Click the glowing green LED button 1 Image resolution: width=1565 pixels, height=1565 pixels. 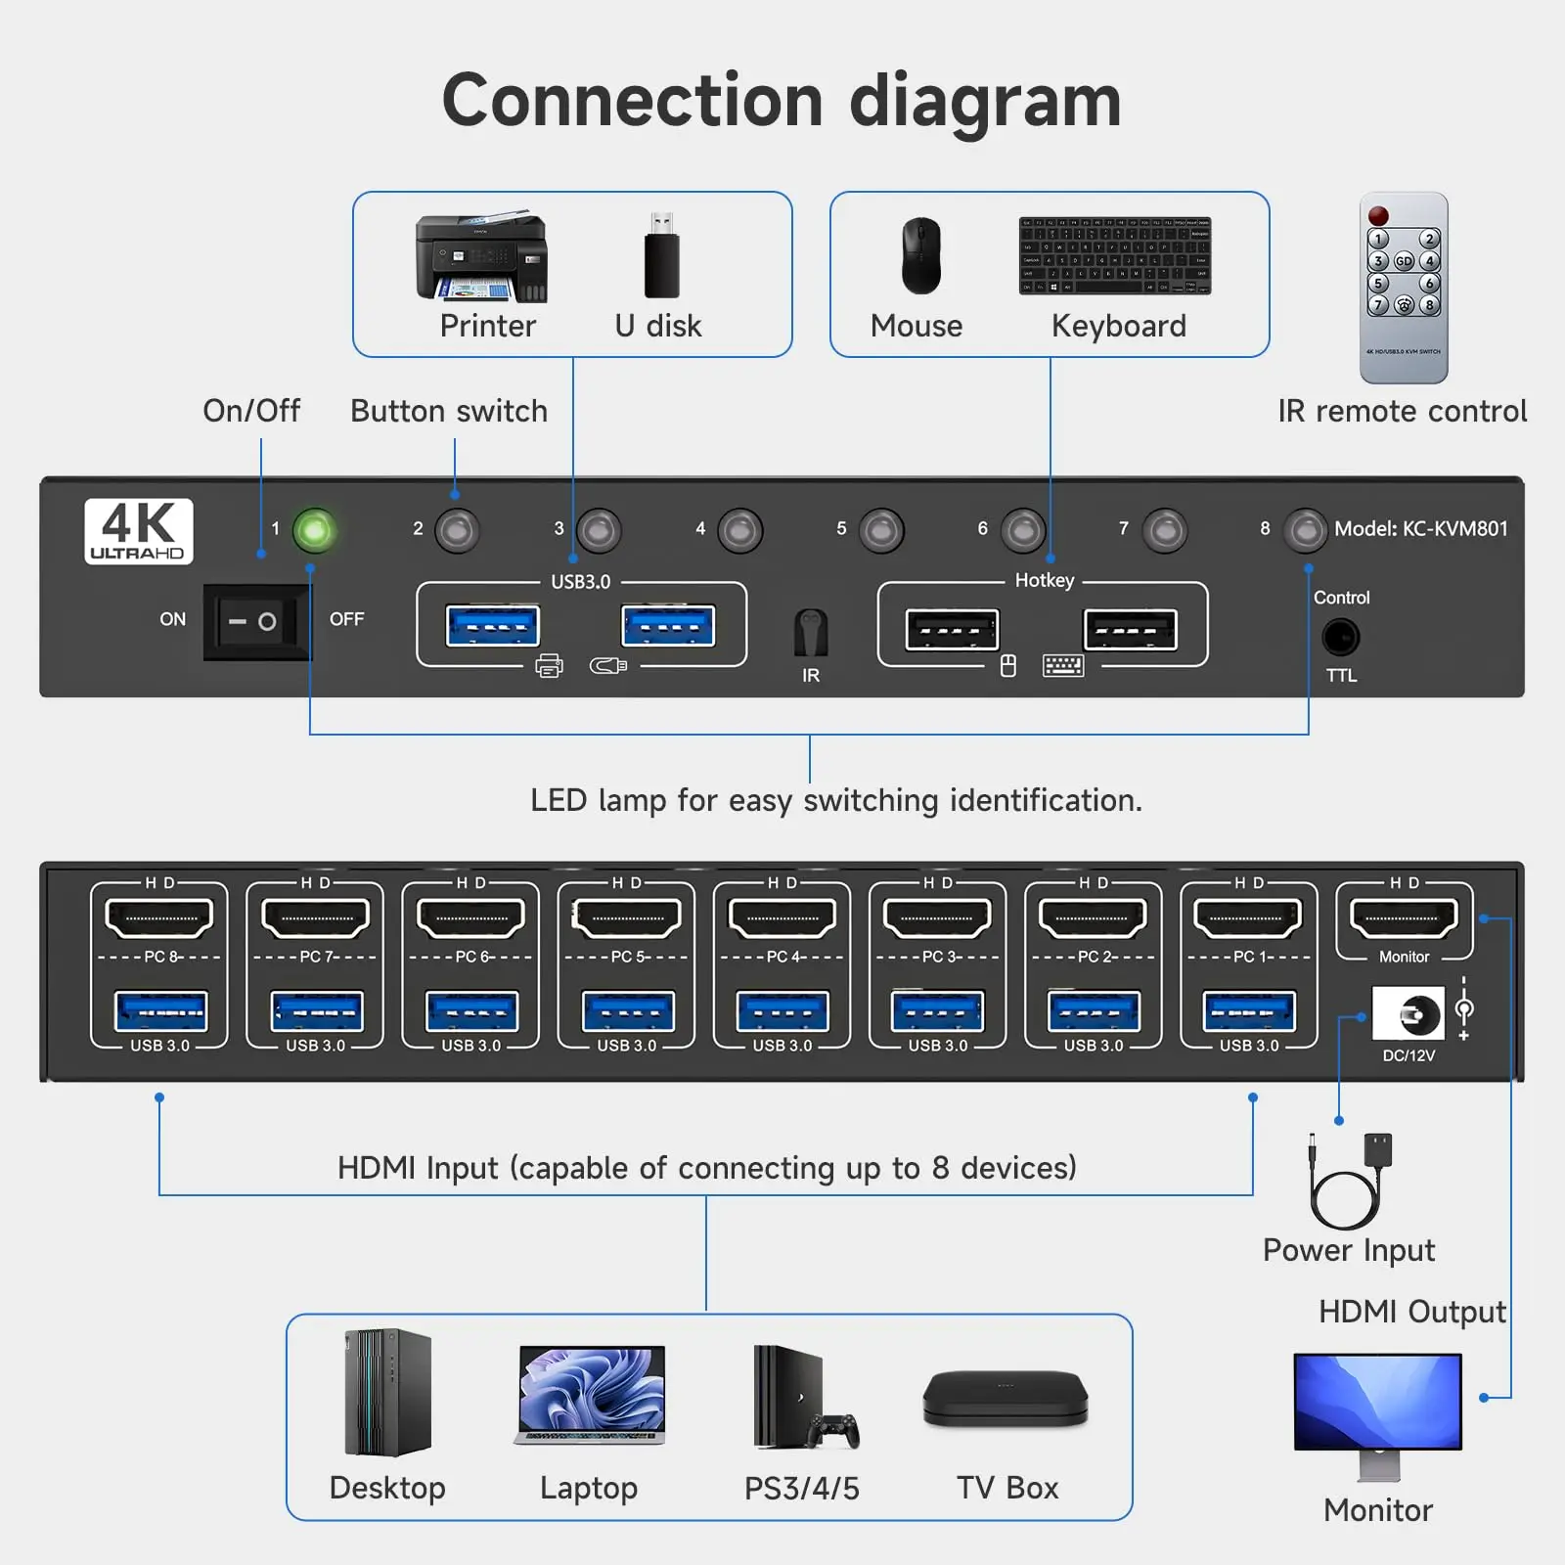(314, 530)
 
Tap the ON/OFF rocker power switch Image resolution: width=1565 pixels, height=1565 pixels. (255, 621)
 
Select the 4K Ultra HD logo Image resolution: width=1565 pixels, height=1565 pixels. (139, 531)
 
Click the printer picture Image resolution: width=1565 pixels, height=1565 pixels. (482, 257)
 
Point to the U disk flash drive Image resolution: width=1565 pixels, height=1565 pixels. (662, 256)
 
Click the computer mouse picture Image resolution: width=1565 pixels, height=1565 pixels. (920, 256)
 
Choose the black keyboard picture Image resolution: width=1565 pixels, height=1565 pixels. (1114, 255)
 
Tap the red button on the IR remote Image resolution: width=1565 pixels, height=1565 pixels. (1378, 215)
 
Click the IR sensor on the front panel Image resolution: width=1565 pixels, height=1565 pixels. (811, 633)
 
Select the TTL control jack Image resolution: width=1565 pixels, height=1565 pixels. (1340, 638)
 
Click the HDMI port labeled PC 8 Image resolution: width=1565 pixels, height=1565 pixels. (158, 918)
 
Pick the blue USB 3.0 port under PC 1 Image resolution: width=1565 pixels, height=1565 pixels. (1249, 1011)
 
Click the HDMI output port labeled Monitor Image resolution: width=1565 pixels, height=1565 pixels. (1404, 918)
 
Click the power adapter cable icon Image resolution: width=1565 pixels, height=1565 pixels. (1350, 1181)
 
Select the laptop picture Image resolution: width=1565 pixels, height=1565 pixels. (591, 1396)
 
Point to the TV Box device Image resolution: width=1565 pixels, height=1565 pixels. (1006, 1399)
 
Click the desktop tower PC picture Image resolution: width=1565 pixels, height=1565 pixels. (388, 1392)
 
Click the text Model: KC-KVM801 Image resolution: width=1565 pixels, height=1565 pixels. (1420, 529)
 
